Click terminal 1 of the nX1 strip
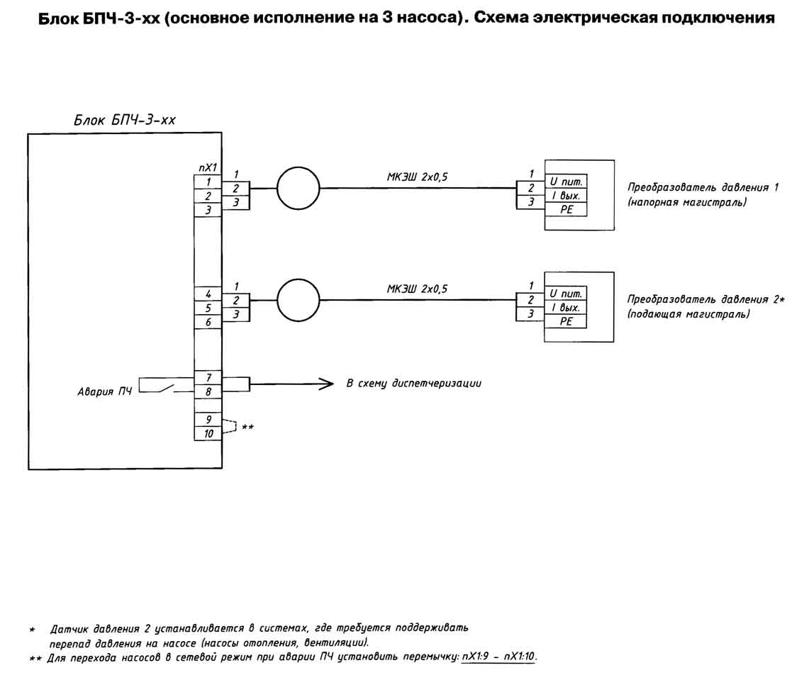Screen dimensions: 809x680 click(x=208, y=182)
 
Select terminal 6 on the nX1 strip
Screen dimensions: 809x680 click(x=208, y=322)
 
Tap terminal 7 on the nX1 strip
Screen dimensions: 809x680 click(x=208, y=378)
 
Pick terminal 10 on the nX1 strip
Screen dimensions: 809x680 click(x=208, y=433)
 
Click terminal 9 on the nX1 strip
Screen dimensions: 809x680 click(x=208, y=420)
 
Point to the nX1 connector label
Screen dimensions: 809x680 click(x=208, y=167)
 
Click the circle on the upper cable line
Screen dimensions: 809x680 click(x=299, y=167)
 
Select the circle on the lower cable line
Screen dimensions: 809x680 click(x=299, y=279)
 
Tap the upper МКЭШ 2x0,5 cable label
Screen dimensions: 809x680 click(x=418, y=177)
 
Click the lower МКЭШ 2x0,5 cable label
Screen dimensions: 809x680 click(x=418, y=289)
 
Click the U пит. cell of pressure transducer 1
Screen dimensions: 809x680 click(x=566, y=182)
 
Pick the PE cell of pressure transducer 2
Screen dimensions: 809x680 click(x=566, y=321)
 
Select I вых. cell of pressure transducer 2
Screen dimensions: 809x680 click(x=566, y=308)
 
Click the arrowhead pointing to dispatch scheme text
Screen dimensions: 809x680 click(x=326, y=384)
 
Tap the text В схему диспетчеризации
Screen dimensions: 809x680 click(x=414, y=384)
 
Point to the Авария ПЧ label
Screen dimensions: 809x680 click(x=105, y=391)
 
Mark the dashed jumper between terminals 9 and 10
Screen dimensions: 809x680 click(x=236, y=426)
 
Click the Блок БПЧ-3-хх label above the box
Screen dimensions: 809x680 click(x=125, y=121)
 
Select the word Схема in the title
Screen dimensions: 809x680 click(x=501, y=18)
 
